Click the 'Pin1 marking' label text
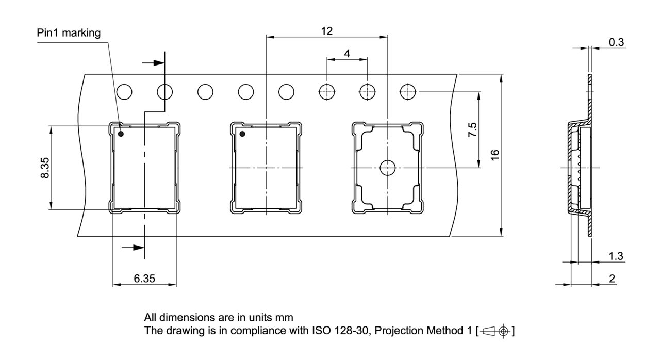pyautogui.click(x=69, y=33)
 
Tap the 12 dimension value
pyautogui.click(x=326, y=31)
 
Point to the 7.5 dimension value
pyautogui.click(x=472, y=129)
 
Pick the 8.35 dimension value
pyautogui.click(x=45, y=168)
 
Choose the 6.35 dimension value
pyautogui.click(x=144, y=279)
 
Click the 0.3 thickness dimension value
pyautogui.click(x=616, y=42)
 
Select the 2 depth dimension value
pyautogui.click(x=612, y=279)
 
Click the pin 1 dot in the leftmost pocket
pyautogui.click(x=121, y=134)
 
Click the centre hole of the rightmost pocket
pyautogui.click(x=387, y=167)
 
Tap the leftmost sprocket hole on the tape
pyautogui.click(x=124, y=92)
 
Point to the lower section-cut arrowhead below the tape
pyautogui.click(x=135, y=248)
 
